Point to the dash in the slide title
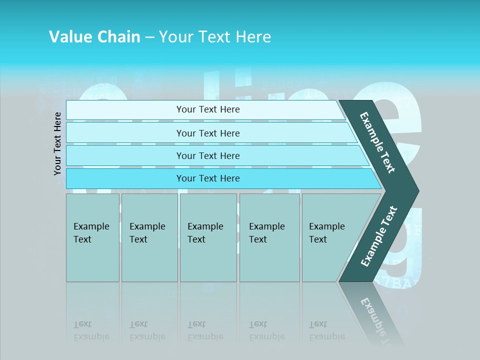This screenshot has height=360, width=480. (149, 37)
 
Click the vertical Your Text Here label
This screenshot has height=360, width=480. (57, 143)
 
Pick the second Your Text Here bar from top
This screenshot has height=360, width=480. (208, 133)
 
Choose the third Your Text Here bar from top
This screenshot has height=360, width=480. (208, 155)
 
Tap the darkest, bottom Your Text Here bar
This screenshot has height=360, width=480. (208, 178)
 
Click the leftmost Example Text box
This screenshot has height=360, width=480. (92, 237)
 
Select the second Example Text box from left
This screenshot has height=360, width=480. (149, 237)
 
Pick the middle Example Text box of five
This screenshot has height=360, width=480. (208, 237)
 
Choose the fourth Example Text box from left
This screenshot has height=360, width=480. (269, 237)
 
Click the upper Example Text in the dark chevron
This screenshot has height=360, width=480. (377, 142)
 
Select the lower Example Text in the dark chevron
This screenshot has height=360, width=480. (378, 236)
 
